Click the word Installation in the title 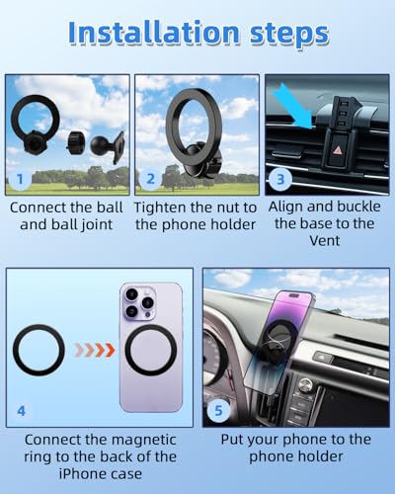click(x=154, y=33)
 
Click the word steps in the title click(x=289, y=35)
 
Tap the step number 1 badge click(x=21, y=180)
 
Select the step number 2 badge click(x=150, y=179)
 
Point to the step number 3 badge click(x=280, y=180)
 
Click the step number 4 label click(x=21, y=411)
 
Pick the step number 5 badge click(x=218, y=411)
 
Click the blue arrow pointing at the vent click(x=293, y=106)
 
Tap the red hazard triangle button click(x=338, y=150)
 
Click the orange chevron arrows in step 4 click(x=95, y=350)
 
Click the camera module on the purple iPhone click(x=139, y=303)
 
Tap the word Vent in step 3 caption click(x=325, y=241)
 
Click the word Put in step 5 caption click(x=232, y=440)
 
